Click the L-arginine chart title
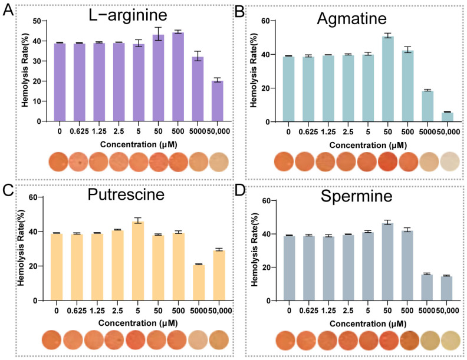click(x=128, y=15)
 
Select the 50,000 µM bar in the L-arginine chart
click(x=217, y=101)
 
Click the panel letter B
click(x=240, y=12)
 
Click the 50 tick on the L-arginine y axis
click(x=37, y=21)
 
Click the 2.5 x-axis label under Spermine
click(x=348, y=311)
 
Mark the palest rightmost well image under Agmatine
click(x=450, y=161)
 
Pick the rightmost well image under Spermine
click(x=450, y=340)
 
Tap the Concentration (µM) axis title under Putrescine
click(x=138, y=323)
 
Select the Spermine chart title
click(x=356, y=196)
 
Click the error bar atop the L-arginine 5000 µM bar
click(x=198, y=56)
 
